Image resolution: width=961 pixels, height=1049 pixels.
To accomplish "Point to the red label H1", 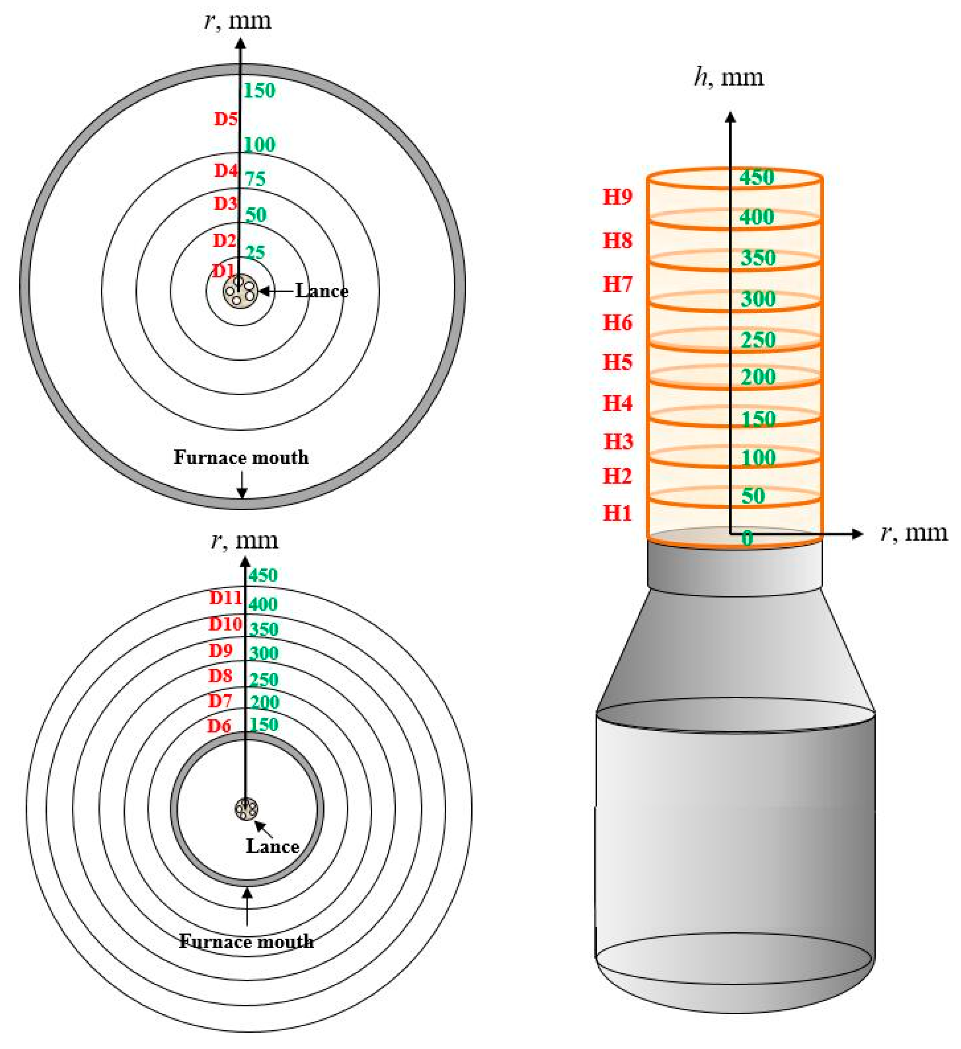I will pyautogui.click(x=618, y=514).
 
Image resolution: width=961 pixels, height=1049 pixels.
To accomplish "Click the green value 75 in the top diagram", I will pyautogui.click(x=255, y=179).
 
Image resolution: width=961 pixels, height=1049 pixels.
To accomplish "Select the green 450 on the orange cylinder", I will pyautogui.click(x=757, y=177).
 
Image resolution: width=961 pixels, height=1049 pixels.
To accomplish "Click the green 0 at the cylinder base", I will pyautogui.click(x=747, y=538).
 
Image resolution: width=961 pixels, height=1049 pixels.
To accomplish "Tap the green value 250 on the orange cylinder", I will pyautogui.click(x=758, y=340).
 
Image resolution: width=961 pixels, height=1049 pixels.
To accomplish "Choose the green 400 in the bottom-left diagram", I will pyautogui.click(x=263, y=604).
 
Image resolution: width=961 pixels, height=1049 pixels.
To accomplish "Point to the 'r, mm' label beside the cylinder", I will pyautogui.click(x=913, y=533).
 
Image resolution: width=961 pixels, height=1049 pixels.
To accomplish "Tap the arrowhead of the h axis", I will pyautogui.click(x=730, y=117).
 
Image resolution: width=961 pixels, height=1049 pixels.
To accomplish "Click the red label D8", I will pyautogui.click(x=221, y=676).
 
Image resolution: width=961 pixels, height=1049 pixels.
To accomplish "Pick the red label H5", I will pyautogui.click(x=618, y=362).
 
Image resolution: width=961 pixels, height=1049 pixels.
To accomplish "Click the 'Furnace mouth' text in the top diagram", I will pyautogui.click(x=241, y=457).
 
